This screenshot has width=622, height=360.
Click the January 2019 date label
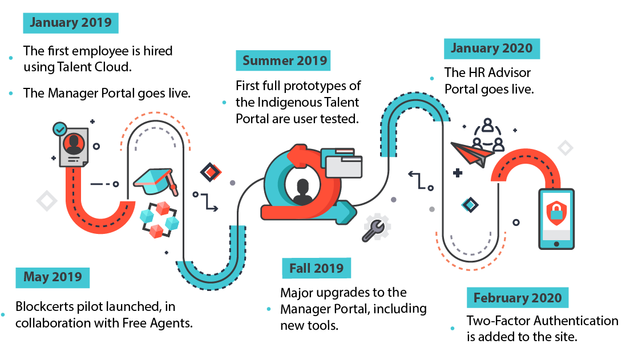point(71,23)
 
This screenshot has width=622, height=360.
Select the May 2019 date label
point(52,278)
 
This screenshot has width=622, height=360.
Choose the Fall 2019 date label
point(316,268)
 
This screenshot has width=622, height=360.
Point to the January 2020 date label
point(491,48)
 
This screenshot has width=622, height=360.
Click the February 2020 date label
point(517,297)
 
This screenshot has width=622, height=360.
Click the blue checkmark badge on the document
point(59,129)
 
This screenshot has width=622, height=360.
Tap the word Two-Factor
point(498,321)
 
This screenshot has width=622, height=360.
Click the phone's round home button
point(556,244)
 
